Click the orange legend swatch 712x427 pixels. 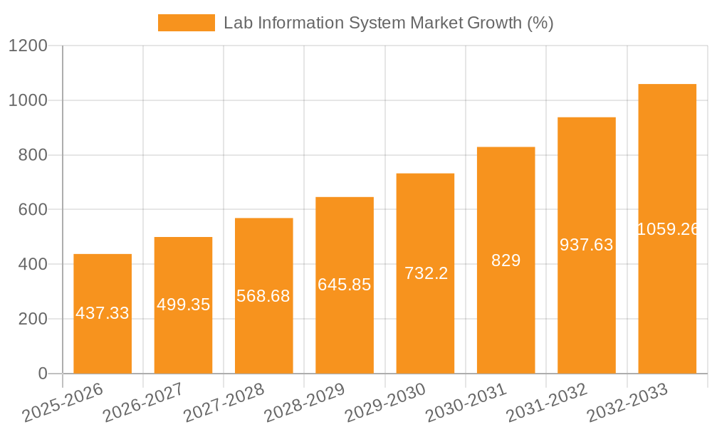pyautogui.click(x=186, y=23)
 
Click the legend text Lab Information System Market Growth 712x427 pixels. pyautogui.click(x=388, y=23)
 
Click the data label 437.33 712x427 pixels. pyautogui.click(x=103, y=313)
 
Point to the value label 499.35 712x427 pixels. pyautogui.click(x=183, y=305)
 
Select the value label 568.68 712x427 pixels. pyautogui.click(x=263, y=296)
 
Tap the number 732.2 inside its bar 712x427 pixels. pyautogui.click(x=426, y=273)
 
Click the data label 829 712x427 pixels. pyautogui.click(x=506, y=260)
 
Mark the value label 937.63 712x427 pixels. pyautogui.click(x=587, y=245)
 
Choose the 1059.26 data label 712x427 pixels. pyautogui.click(x=667, y=229)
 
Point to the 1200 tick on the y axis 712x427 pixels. pyautogui.click(x=28, y=46)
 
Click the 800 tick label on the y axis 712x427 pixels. pyautogui.click(x=32, y=155)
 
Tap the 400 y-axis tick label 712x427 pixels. pyautogui.click(x=32, y=264)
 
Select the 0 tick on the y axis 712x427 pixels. pyautogui.click(x=42, y=374)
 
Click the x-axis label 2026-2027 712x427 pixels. pyautogui.click(x=143, y=403)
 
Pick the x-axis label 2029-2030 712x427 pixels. pyautogui.click(x=385, y=403)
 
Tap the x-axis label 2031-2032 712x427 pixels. pyautogui.click(x=547, y=403)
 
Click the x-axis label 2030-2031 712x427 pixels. pyautogui.click(x=466, y=403)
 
